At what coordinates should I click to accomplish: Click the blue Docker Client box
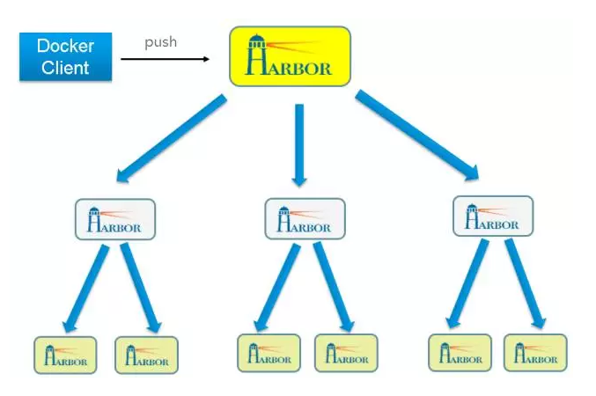point(66,56)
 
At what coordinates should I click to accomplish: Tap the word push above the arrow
point(160,41)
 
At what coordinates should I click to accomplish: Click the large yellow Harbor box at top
point(290,56)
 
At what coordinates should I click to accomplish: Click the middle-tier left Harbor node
point(115,220)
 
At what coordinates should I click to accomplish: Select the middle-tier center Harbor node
point(305,219)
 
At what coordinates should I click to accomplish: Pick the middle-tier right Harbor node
point(492,216)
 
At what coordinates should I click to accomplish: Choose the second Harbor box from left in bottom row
point(146,355)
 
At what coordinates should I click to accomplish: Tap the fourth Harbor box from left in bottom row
point(346,353)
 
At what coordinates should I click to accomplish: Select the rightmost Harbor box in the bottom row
point(535,353)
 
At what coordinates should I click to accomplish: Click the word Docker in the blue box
point(66,46)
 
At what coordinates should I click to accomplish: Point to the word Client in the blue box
point(66,67)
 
